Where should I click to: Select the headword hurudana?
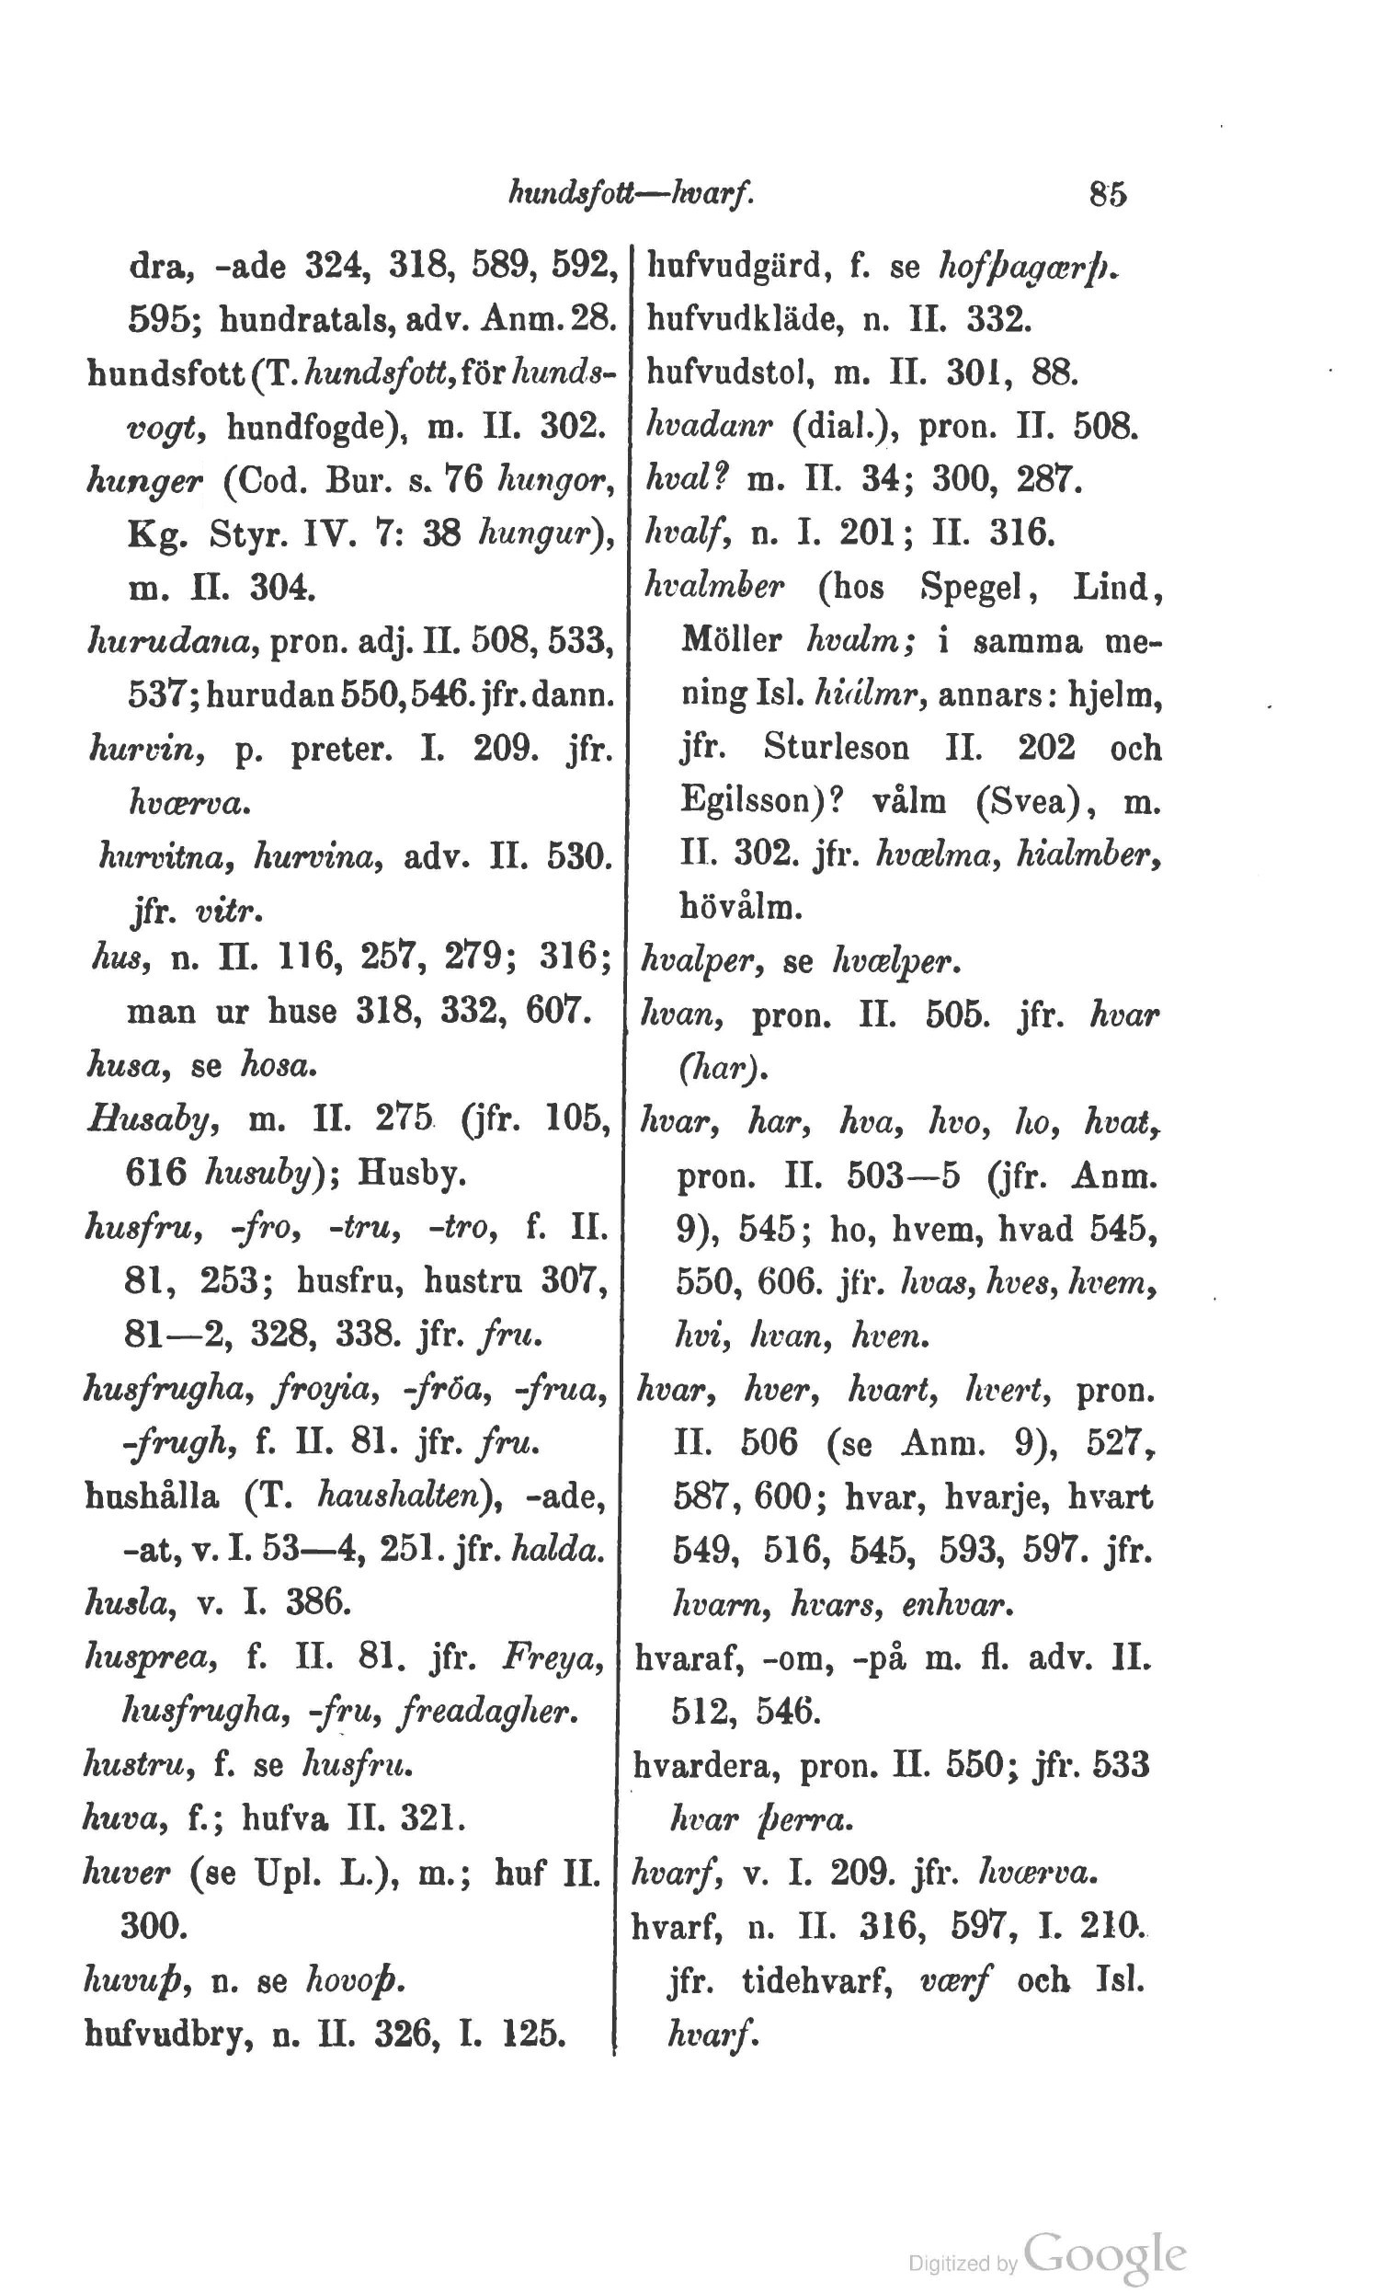pyautogui.click(x=171, y=640)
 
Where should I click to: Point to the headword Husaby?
pyautogui.click(x=154, y=1121)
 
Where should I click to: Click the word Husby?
pyautogui.click(x=412, y=1175)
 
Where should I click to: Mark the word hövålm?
pyautogui.click(x=742, y=907)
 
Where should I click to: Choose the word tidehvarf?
pyautogui.click(x=817, y=1980)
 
